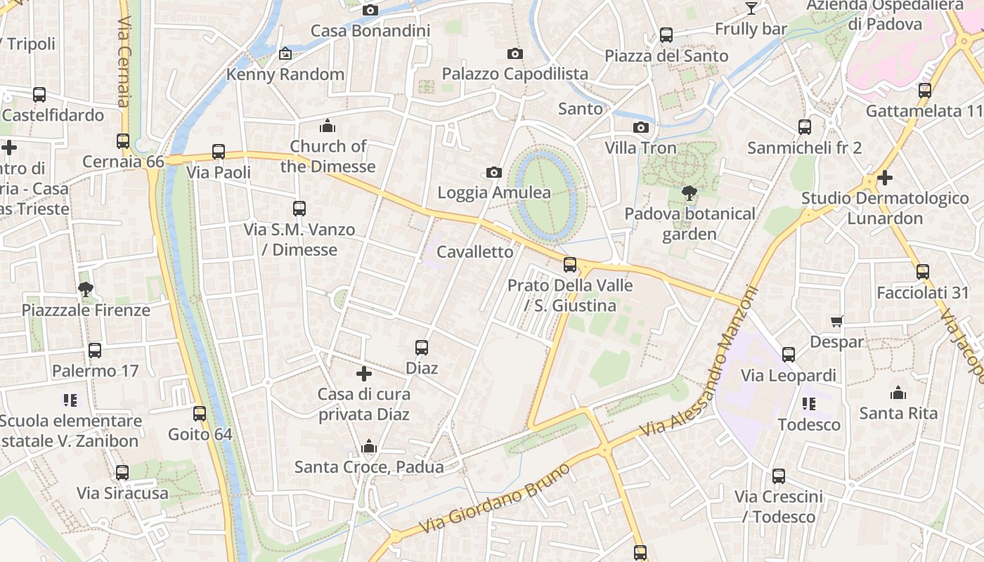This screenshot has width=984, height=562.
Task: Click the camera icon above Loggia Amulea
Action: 494,173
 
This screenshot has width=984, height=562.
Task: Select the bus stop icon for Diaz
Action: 422,348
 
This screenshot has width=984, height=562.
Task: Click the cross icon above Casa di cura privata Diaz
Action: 364,374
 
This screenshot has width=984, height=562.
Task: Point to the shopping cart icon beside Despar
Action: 836,322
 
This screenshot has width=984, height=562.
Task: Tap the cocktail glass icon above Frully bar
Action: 751,8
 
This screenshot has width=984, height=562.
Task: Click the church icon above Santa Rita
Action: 898,393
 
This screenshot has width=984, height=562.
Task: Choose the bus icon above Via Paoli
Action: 219,152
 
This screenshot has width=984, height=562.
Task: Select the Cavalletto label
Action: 475,252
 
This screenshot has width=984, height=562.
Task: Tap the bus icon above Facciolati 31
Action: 922,272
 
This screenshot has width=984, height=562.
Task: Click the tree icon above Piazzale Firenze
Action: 86,289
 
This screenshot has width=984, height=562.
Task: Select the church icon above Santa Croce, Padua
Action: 369,447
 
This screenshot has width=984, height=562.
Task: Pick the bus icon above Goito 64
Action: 200,414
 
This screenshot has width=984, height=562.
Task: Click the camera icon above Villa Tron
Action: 640,128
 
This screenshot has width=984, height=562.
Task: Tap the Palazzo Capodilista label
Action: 514,74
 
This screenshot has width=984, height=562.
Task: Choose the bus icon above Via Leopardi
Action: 789,355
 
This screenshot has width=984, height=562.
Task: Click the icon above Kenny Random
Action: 285,53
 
